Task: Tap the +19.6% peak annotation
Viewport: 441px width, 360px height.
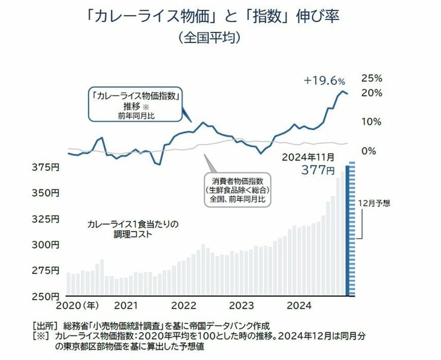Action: tap(324, 81)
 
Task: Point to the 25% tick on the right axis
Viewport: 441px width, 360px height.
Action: tap(371, 78)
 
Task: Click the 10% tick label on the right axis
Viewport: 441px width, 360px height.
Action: tap(371, 122)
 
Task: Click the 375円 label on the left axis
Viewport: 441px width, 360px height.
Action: tap(47, 167)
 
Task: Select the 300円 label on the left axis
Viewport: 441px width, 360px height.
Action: tap(47, 244)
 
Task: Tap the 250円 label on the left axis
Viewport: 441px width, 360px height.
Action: tap(47, 296)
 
